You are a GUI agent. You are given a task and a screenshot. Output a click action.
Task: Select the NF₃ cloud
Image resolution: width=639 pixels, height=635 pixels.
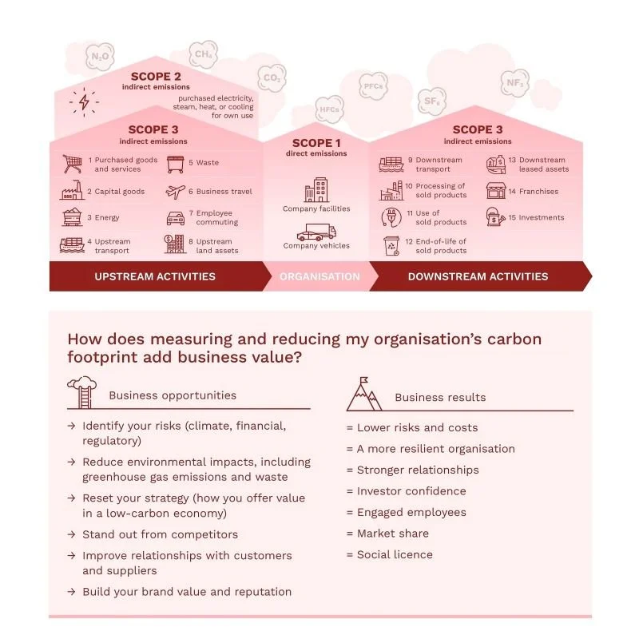514,83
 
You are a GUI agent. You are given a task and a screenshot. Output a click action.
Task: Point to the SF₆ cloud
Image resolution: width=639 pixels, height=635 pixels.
431,101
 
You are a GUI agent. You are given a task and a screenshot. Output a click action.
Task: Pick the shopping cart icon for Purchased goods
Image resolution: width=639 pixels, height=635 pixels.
72,164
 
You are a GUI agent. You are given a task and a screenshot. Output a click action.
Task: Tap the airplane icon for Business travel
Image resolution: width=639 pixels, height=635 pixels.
176,192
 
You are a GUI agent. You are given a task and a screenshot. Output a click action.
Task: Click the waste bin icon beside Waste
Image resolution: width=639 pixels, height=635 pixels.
175,164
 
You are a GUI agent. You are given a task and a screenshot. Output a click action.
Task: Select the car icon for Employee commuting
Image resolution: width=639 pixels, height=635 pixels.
176,218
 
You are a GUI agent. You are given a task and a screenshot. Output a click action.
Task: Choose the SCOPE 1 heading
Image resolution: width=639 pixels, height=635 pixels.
316,143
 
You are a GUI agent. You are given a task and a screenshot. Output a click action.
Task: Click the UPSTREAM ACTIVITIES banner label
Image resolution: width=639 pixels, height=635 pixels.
155,277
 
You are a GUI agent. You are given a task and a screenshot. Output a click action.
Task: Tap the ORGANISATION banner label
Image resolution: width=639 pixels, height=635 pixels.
319,277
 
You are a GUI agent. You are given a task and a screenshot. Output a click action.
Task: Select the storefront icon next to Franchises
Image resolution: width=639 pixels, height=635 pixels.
496,191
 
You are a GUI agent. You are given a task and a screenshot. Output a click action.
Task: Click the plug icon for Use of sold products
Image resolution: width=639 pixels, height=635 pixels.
392,217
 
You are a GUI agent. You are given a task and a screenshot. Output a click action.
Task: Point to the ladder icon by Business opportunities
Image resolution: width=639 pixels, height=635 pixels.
81,392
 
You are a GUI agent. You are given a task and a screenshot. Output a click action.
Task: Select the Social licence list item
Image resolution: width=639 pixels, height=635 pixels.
390,554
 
